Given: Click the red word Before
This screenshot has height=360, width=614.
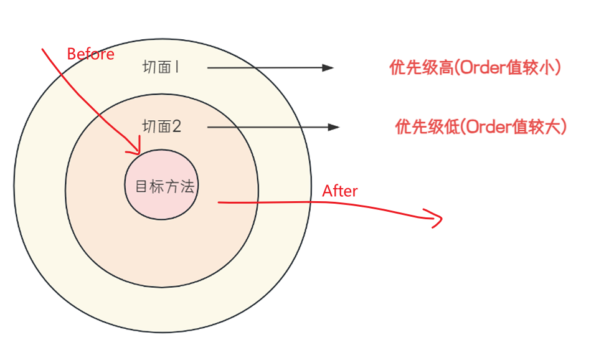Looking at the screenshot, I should click(x=90, y=54).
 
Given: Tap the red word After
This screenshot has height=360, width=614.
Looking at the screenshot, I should click(x=339, y=191).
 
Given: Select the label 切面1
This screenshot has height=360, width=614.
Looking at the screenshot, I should click(x=161, y=67).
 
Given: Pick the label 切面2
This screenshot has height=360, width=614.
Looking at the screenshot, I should click(x=162, y=126).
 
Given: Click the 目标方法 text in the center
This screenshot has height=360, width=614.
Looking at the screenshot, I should click(x=164, y=186).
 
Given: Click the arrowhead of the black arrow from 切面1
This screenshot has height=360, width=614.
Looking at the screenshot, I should click(x=329, y=68).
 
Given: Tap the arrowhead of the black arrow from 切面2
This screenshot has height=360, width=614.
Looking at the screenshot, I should click(x=334, y=127).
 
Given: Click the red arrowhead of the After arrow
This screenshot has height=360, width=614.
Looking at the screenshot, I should click(x=438, y=219).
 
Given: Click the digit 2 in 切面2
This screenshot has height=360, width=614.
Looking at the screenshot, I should click(x=177, y=126).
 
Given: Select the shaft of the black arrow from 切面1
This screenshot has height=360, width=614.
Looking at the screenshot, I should click(x=262, y=68).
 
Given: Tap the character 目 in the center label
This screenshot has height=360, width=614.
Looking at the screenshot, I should click(x=141, y=186).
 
